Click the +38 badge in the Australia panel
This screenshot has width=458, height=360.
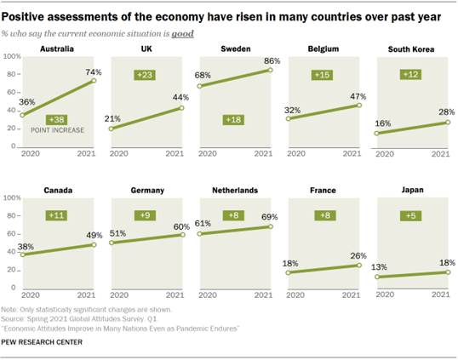pos(58,120)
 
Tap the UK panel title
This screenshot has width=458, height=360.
pos(146,49)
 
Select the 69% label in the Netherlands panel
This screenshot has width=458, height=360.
pos(270,217)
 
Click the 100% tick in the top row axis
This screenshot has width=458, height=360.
pos(13,56)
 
